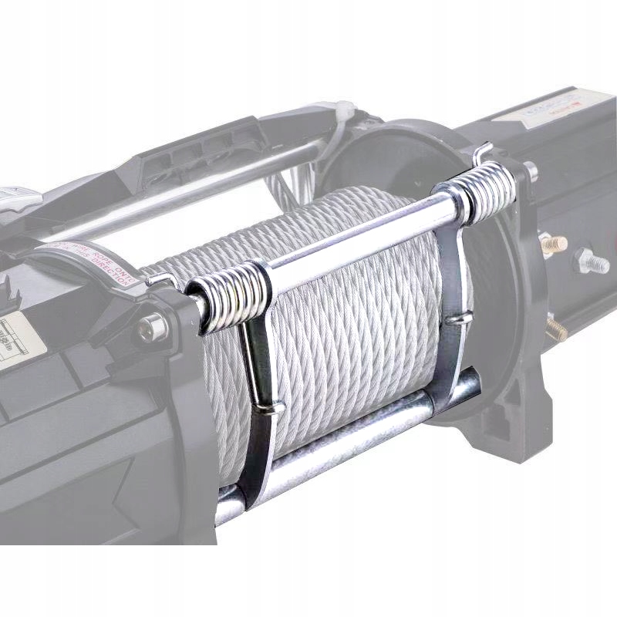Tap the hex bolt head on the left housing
point(152,329)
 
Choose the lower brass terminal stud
point(555,330)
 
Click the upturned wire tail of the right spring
point(482,151)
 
